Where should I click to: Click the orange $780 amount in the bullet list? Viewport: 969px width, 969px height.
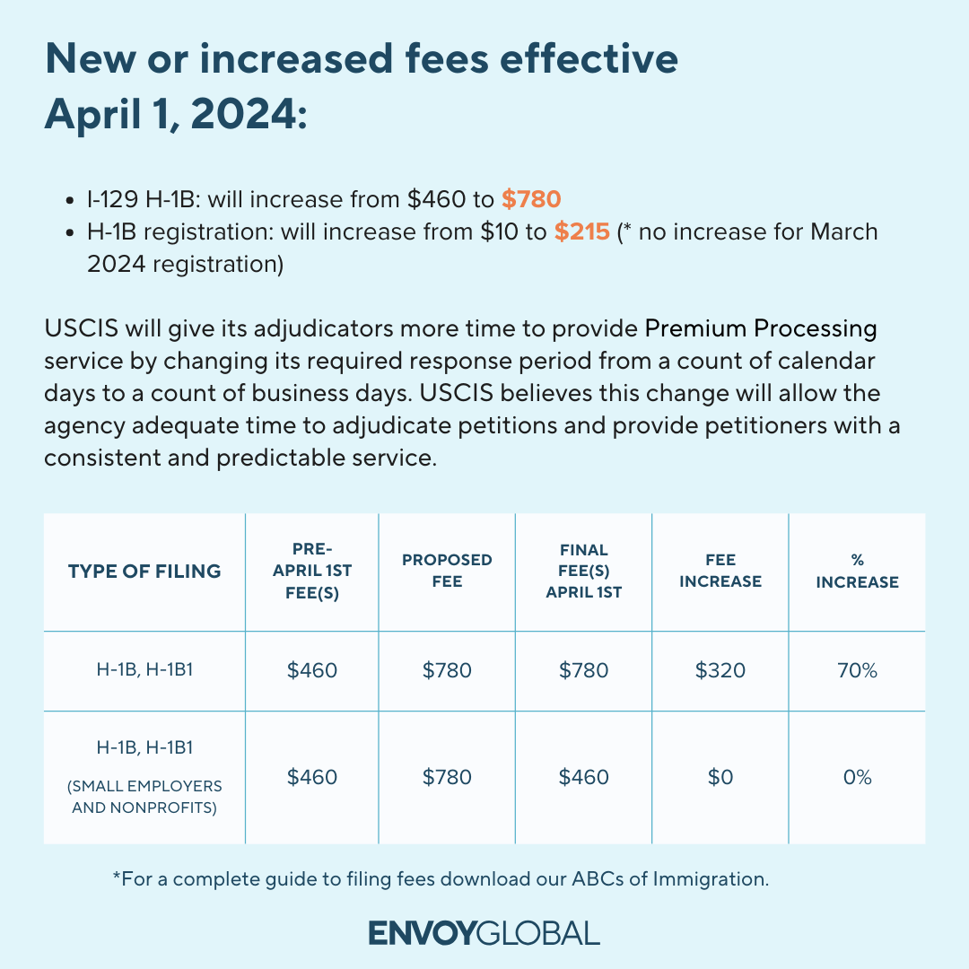pyautogui.click(x=531, y=198)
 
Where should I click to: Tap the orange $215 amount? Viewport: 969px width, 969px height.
pyautogui.click(x=581, y=231)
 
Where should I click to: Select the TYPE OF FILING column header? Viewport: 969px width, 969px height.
pyautogui.click(x=144, y=572)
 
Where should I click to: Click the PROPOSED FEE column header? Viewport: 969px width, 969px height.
pyautogui.click(x=447, y=571)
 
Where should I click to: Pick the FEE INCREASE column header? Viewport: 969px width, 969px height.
pyautogui.click(x=720, y=571)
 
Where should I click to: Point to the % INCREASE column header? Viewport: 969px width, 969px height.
pyautogui.click(x=857, y=571)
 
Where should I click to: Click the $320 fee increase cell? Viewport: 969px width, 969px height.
pyautogui.click(x=720, y=670)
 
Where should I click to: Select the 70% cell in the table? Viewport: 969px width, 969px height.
pyautogui.click(x=857, y=670)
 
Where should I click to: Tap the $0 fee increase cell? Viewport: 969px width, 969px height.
pyautogui.click(x=720, y=777)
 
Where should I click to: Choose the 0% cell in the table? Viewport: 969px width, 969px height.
pyautogui.click(x=857, y=777)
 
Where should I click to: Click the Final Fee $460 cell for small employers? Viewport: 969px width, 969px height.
pyautogui.click(x=583, y=777)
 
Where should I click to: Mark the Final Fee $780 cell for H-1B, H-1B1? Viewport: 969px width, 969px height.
pyautogui.click(x=583, y=670)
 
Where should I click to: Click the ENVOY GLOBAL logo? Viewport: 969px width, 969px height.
pyautogui.click(x=484, y=932)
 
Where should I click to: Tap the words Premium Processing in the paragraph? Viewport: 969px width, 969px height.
pyautogui.click(x=761, y=328)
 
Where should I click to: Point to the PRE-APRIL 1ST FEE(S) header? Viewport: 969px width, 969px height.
pyautogui.click(x=311, y=571)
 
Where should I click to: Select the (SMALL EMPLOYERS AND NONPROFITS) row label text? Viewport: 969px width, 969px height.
pyautogui.click(x=144, y=796)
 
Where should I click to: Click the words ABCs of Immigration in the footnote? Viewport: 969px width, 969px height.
pyautogui.click(x=669, y=879)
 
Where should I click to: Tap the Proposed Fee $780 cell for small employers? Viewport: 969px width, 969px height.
pyautogui.click(x=447, y=777)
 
